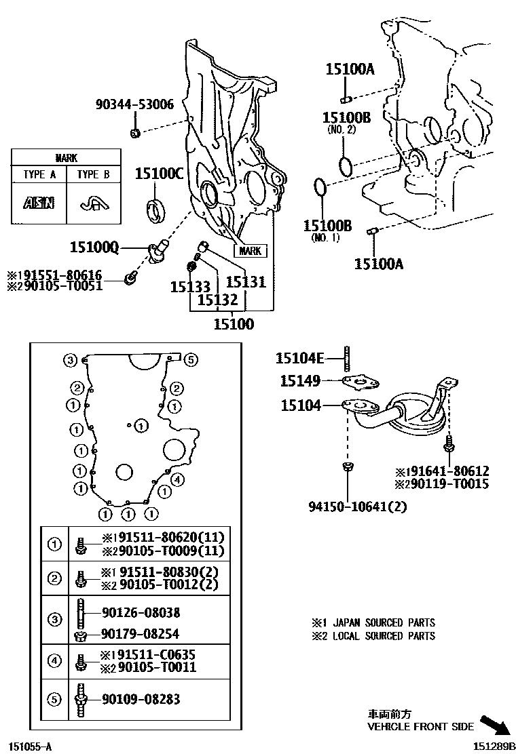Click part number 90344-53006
point(134,104)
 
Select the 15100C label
point(159,174)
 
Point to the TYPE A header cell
point(39,174)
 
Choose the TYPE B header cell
point(93,174)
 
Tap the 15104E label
point(300,357)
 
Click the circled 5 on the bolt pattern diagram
point(191,359)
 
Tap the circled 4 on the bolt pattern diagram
point(177,480)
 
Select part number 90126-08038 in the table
point(141,612)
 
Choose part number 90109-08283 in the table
point(141,699)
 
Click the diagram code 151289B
point(490,747)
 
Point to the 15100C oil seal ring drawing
point(157,208)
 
